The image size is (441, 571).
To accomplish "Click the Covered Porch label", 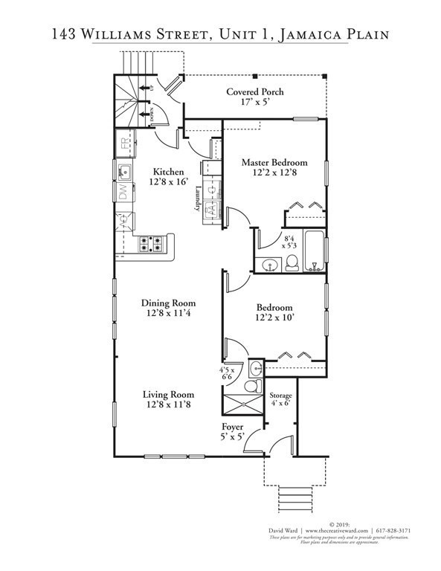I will coord(255,92).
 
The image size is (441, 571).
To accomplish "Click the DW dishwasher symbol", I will coord(123,193).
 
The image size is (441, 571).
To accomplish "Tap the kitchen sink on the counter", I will coord(124,172).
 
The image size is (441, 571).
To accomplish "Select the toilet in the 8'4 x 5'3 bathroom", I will coord(292,262).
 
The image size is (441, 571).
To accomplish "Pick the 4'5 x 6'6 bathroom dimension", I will coord(228,373).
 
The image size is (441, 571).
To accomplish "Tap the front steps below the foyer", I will coord(295,494).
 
